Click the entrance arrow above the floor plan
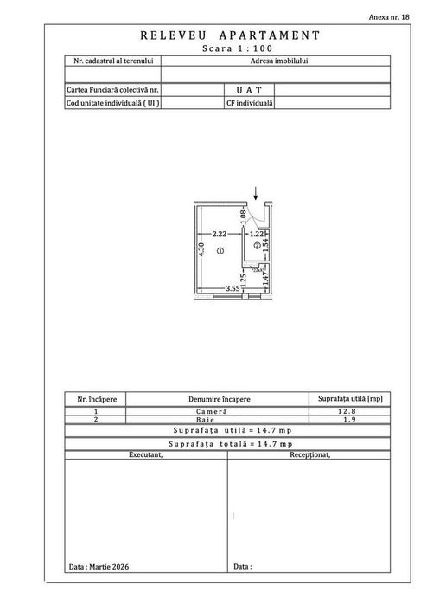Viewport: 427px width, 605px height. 256,193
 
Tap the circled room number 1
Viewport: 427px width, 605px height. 220,251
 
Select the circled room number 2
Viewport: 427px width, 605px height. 257,245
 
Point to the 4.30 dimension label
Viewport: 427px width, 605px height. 201,249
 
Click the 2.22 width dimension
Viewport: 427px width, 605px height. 220,234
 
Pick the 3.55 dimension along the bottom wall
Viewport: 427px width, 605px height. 233,288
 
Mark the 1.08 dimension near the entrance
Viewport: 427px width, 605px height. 243,217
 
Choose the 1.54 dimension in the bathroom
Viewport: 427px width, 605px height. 265,246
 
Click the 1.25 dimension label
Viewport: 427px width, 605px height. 243,280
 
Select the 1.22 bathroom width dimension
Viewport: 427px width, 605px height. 257,234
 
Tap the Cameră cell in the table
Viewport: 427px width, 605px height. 212,411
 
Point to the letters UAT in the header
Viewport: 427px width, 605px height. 249,90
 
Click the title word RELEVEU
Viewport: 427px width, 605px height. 174,35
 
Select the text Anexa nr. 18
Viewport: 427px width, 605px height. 389,17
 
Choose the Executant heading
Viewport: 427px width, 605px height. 146,454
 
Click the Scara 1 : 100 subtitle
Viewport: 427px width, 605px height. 238,48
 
